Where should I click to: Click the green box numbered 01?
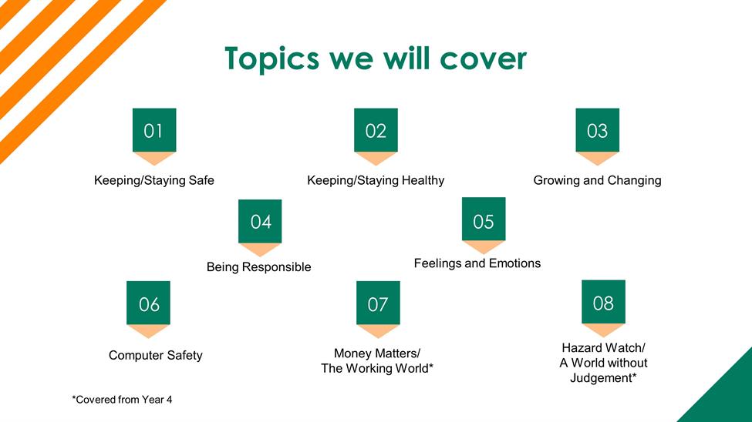tap(154, 130)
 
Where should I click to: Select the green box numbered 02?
tap(376, 130)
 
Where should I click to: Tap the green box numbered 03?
tap(597, 130)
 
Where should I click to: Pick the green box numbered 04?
tap(260, 221)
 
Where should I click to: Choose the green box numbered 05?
tap(484, 219)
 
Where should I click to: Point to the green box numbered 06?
tap(148, 303)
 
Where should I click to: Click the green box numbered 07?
tap(378, 303)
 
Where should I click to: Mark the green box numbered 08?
tap(603, 302)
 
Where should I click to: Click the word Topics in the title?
tap(272, 59)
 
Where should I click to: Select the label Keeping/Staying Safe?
tap(154, 181)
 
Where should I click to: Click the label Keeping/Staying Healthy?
tap(376, 181)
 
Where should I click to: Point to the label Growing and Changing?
tap(597, 181)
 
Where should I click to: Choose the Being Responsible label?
tap(259, 266)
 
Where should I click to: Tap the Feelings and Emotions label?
tap(477, 263)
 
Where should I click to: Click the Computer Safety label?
tap(155, 356)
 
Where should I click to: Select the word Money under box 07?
tap(352, 353)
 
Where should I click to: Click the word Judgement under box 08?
tap(603, 378)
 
